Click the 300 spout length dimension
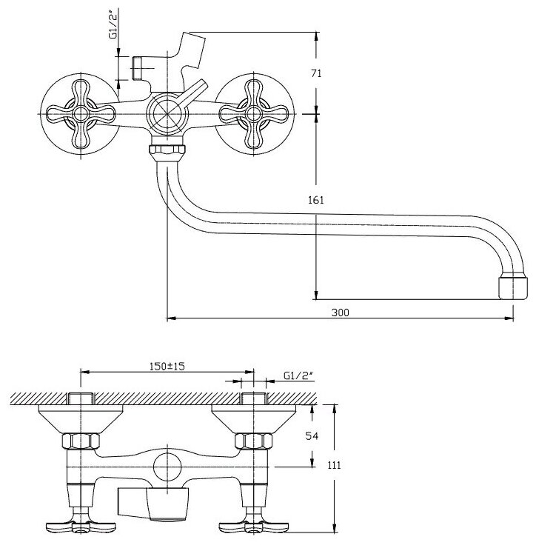coord(340,313)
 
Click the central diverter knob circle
coord(167,115)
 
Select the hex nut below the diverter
coord(167,154)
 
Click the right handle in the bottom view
coord(252,528)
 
